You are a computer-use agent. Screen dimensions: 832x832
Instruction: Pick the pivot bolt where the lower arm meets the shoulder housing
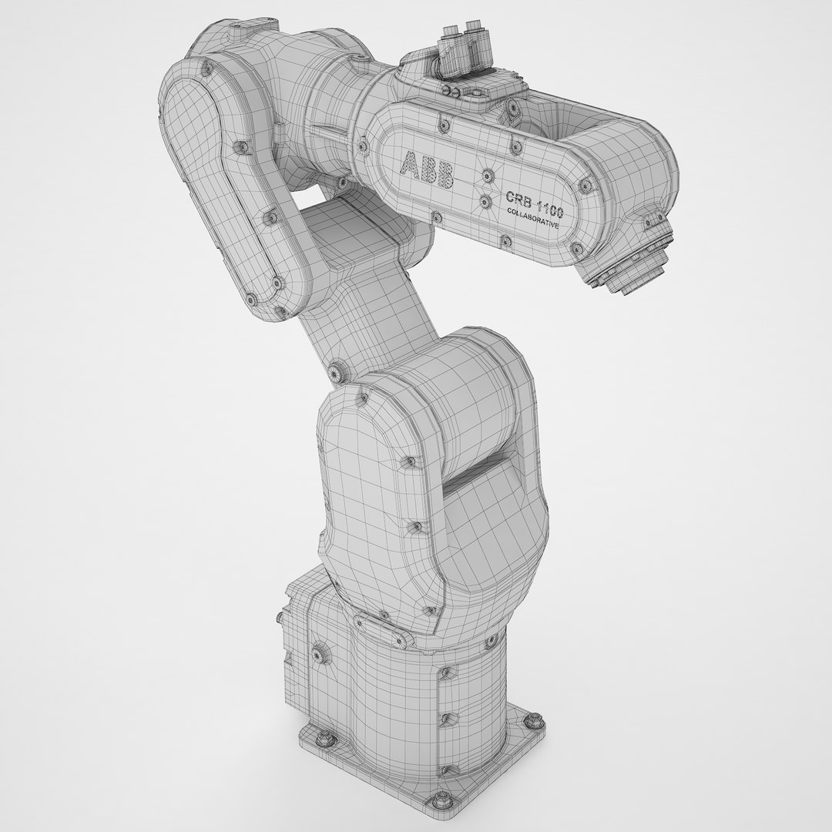(x=337, y=372)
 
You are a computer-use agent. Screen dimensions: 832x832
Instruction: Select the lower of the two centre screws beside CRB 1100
(x=485, y=203)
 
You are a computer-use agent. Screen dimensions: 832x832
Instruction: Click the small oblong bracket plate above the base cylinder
(x=382, y=616)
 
